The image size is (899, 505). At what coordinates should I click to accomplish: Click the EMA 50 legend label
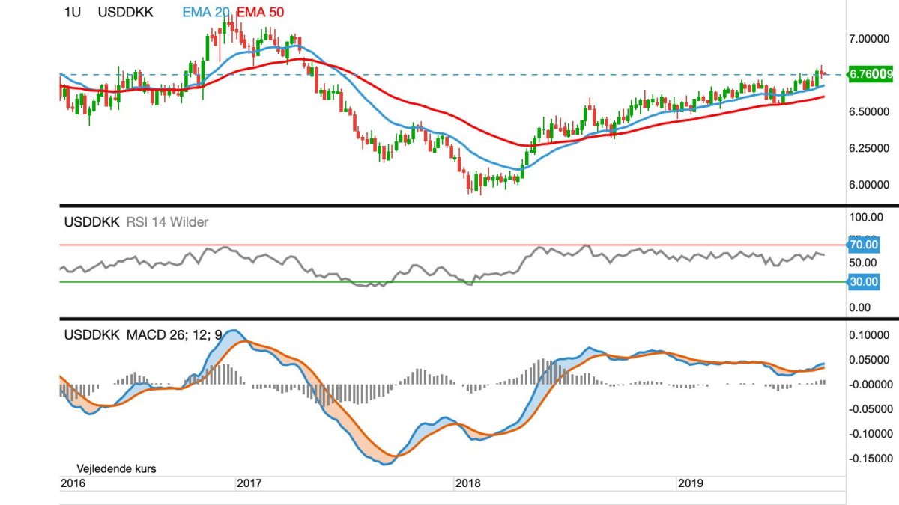pyautogui.click(x=260, y=12)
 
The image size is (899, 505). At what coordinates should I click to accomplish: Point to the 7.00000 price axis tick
pyautogui.click(x=871, y=37)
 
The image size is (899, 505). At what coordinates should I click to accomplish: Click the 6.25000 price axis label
pyautogui.click(x=871, y=148)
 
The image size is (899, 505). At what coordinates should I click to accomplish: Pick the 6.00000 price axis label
pyautogui.click(x=871, y=185)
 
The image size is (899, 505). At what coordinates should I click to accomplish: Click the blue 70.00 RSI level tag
pyautogui.click(x=862, y=244)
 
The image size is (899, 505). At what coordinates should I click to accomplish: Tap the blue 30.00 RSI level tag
pyautogui.click(x=862, y=281)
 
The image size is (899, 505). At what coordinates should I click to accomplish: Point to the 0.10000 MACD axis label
pyautogui.click(x=872, y=334)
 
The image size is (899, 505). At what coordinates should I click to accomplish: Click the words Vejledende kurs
pyautogui.click(x=117, y=469)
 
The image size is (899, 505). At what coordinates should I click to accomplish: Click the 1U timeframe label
pyautogui.click(x=73, y=12)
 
